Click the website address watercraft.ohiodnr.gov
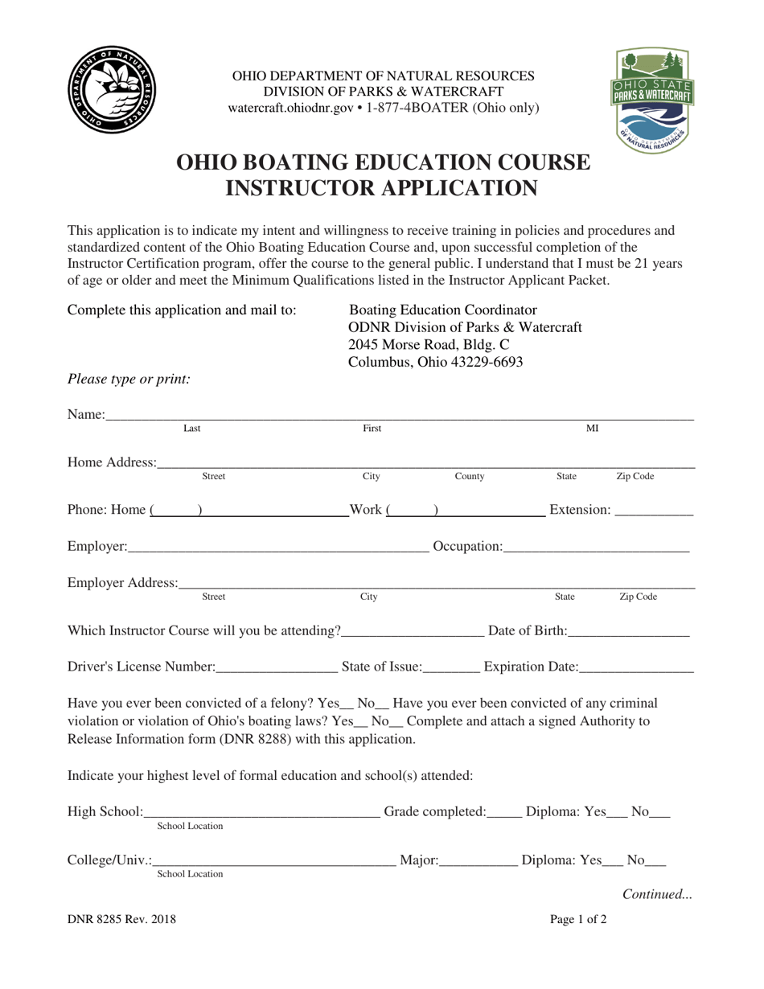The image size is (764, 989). click(291, 108)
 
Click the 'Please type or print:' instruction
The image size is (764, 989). click(129, 379)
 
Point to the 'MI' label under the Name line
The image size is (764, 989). click(592, 429)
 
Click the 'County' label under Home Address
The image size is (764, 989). click(470, 477)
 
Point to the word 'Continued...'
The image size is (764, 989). click(657, 893)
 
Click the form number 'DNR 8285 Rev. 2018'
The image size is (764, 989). click(121, 920)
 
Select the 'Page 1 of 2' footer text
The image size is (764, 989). click(578, 920)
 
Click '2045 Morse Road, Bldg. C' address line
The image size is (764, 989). click(429, 344)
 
